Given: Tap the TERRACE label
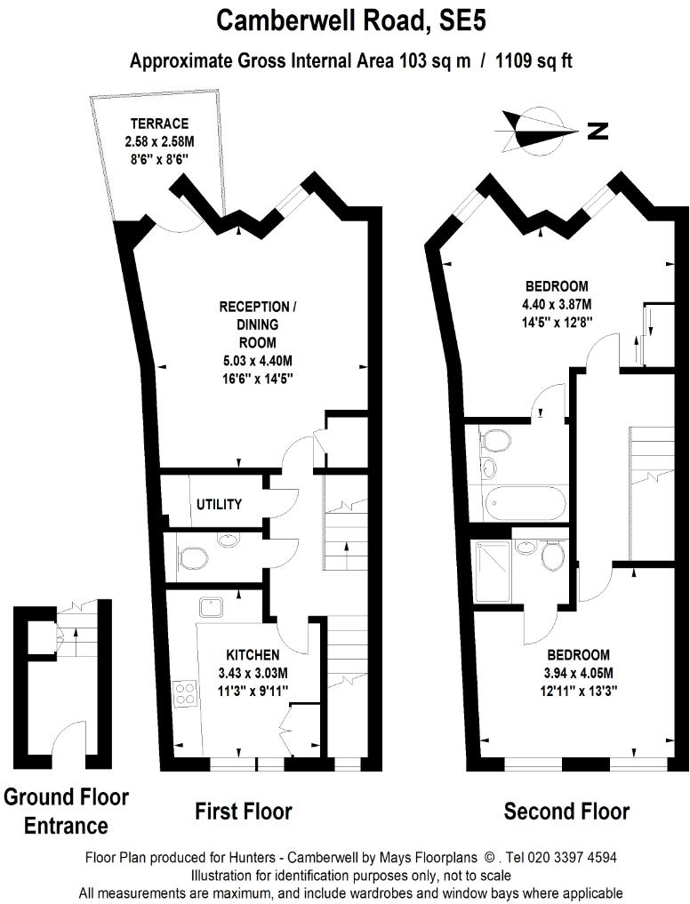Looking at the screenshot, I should [x=158, y=124].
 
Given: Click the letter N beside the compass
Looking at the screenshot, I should [x=598, y=132].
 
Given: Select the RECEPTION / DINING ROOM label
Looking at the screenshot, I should [x=258, y=324].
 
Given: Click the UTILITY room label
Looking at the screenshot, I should [x=219, y=504].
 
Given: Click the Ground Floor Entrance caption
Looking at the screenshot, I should [x=66, y=811].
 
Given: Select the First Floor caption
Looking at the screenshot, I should [x=243, y=811].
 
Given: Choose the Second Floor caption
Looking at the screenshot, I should [x=566, y=811].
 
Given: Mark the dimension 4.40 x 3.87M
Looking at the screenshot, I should [x=557, y=304].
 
